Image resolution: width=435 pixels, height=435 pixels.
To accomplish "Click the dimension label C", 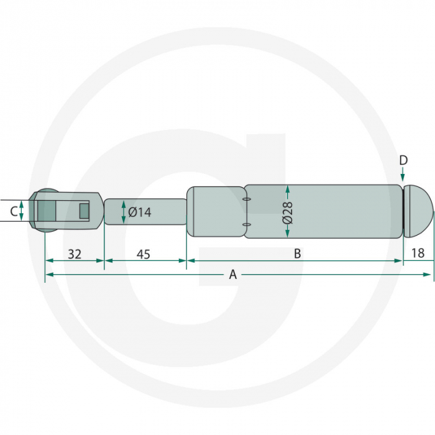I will pos(12,211).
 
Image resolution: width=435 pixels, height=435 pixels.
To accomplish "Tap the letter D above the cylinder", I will pos(403,161).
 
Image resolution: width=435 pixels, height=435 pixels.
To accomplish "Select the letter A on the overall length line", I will pos(233,274).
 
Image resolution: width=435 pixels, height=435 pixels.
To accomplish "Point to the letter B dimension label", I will pos(297,254).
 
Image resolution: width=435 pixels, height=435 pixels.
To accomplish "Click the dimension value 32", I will pos(75,254).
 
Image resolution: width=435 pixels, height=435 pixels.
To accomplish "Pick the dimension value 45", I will pos(143,254).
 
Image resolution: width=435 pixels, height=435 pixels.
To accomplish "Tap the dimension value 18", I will pos(418,254).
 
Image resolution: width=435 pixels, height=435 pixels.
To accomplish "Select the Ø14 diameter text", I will pos(140,213).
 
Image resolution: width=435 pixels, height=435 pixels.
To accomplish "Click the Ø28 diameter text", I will pos(287,212).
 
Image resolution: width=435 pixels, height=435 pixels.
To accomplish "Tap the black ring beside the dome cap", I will pos(404,211).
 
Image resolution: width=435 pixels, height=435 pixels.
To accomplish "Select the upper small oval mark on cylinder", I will pos(247,199).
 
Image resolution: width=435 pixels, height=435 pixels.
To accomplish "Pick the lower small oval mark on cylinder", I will pos(247,224).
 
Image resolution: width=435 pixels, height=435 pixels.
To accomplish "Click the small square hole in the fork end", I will pos(85,211).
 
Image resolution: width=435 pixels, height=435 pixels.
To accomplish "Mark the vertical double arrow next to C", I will pos(22,211).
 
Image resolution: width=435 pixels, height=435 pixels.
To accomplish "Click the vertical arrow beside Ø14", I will pos(123,212).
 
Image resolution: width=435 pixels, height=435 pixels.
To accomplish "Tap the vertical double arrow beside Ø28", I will pos(288,211).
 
